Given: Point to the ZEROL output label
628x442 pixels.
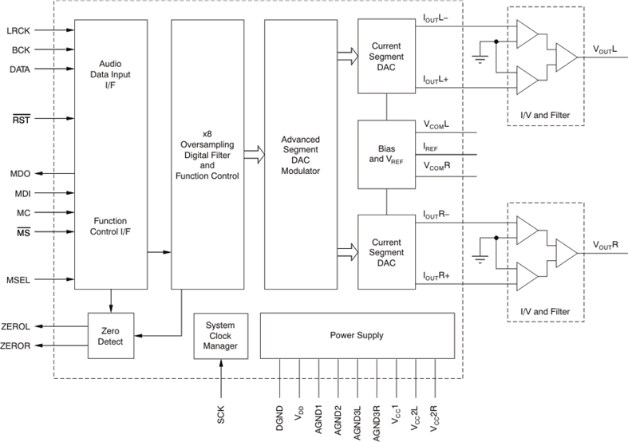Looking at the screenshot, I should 17,326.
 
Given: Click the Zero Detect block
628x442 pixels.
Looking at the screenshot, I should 111,335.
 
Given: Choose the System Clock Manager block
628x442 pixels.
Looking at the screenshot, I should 219,335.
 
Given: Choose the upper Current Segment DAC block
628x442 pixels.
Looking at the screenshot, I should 386,55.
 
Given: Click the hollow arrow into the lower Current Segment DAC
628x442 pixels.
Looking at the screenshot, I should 346,252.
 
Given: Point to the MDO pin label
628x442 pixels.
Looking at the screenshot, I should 22,173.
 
